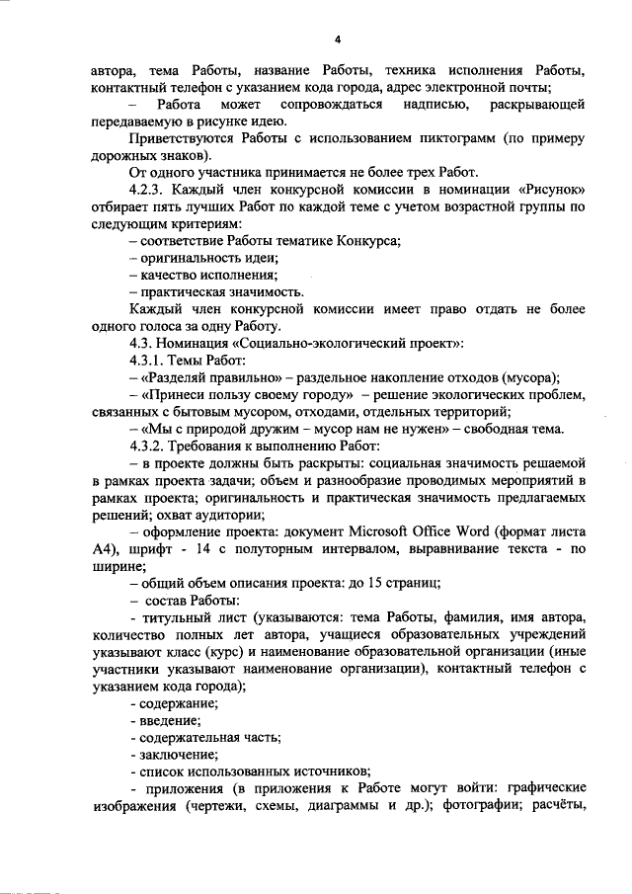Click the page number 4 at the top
(337, 40)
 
